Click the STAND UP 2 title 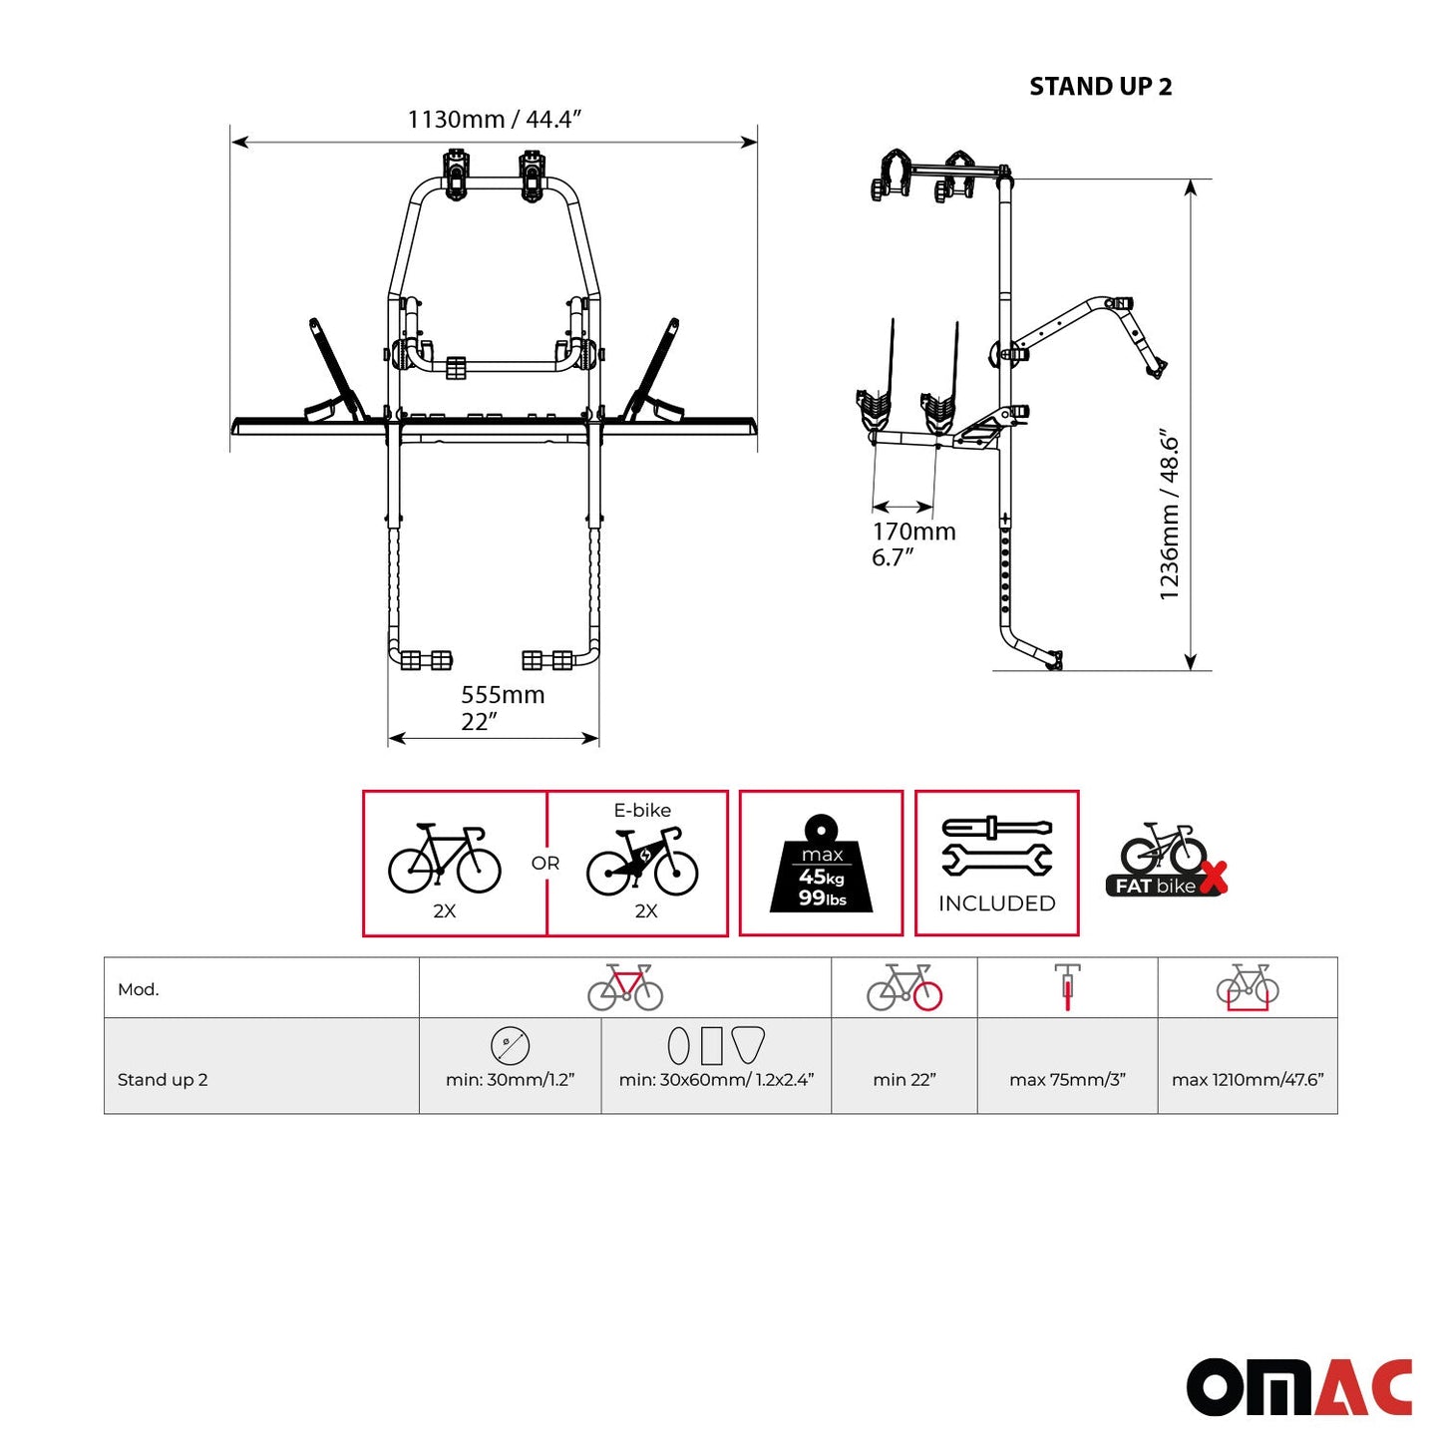1100,87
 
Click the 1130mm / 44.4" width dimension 494,120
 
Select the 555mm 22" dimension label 503,708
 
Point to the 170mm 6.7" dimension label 913,544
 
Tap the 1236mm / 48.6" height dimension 1169,515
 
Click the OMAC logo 1298,1386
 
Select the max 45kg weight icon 821,865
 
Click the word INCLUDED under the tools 996,903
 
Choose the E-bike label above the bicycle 642,811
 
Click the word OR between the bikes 545,864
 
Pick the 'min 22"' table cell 903,1080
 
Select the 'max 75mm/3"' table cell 1067,1080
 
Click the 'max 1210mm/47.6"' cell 1248,1080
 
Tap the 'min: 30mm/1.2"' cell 510,1080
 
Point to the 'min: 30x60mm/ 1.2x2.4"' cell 716,1080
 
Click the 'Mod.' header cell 139,989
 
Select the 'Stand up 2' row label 163,1080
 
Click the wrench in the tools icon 996,860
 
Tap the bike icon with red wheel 904,987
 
